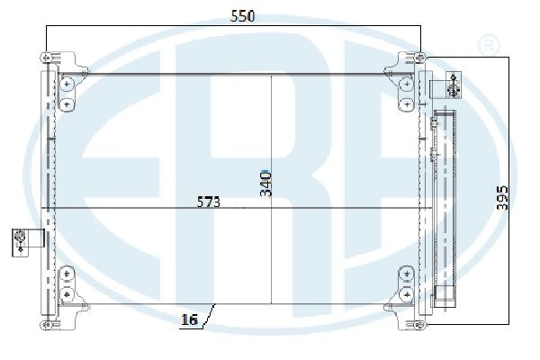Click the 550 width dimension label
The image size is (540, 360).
pos(242,16)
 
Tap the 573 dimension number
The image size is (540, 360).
pos(209,202)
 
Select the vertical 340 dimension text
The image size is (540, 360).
pos(265,184)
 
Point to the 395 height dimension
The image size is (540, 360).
pos(502,198)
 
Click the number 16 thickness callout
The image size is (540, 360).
pos(189,319)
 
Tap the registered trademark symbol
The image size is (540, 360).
pos(488,45)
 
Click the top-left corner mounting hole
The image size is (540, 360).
pos(46,58)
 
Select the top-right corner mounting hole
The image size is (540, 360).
pos(420,58)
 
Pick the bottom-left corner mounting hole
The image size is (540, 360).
pos(46,325)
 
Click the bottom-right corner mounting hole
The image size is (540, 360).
pos(420,325)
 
